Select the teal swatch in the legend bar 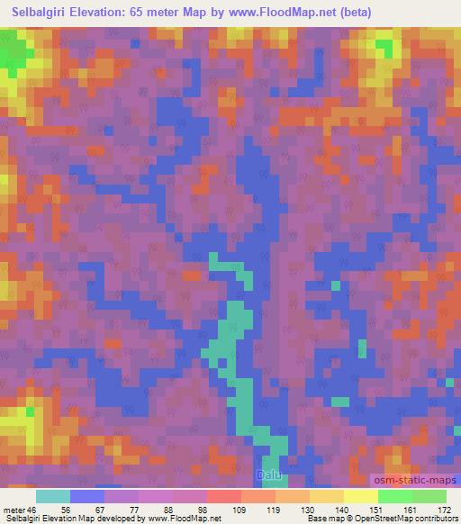(x=53, y=496)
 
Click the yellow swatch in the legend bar (x=361, y=496)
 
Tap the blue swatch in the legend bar (x=87, y=496)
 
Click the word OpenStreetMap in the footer (x=423, y=519)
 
